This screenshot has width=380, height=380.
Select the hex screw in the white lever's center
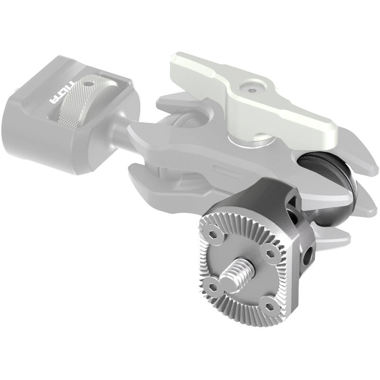coord(248,88)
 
